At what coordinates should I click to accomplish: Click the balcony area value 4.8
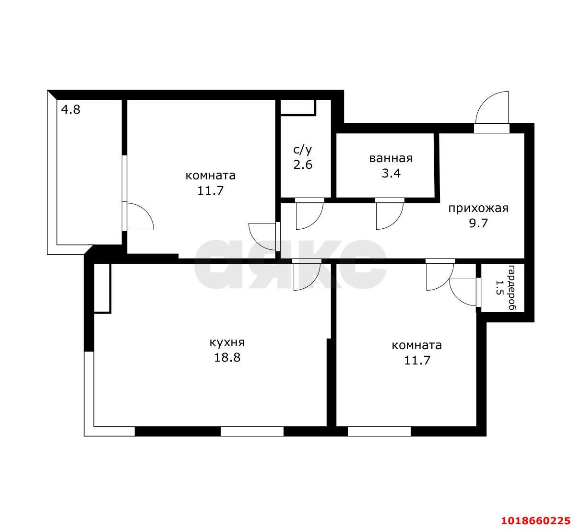tap(71, 110)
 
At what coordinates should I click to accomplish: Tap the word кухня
tap(227, 343)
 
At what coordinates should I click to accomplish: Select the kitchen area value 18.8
tap(227, 358)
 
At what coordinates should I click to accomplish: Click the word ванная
tap(391, 158)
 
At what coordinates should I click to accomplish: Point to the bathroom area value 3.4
tap(391, 174)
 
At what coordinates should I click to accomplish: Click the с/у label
tap(303, 150)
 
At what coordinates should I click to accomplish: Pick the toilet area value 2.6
tap(303, 165)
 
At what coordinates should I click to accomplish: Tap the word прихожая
tap(478, 209)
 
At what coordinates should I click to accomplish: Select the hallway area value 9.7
tap(478, 223)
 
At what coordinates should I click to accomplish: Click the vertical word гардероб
tap(512, 287)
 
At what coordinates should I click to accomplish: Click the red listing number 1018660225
tap(536, 521)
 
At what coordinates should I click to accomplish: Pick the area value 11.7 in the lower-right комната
tap(417, 361)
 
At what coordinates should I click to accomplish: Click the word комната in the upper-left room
tap(211, 176)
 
